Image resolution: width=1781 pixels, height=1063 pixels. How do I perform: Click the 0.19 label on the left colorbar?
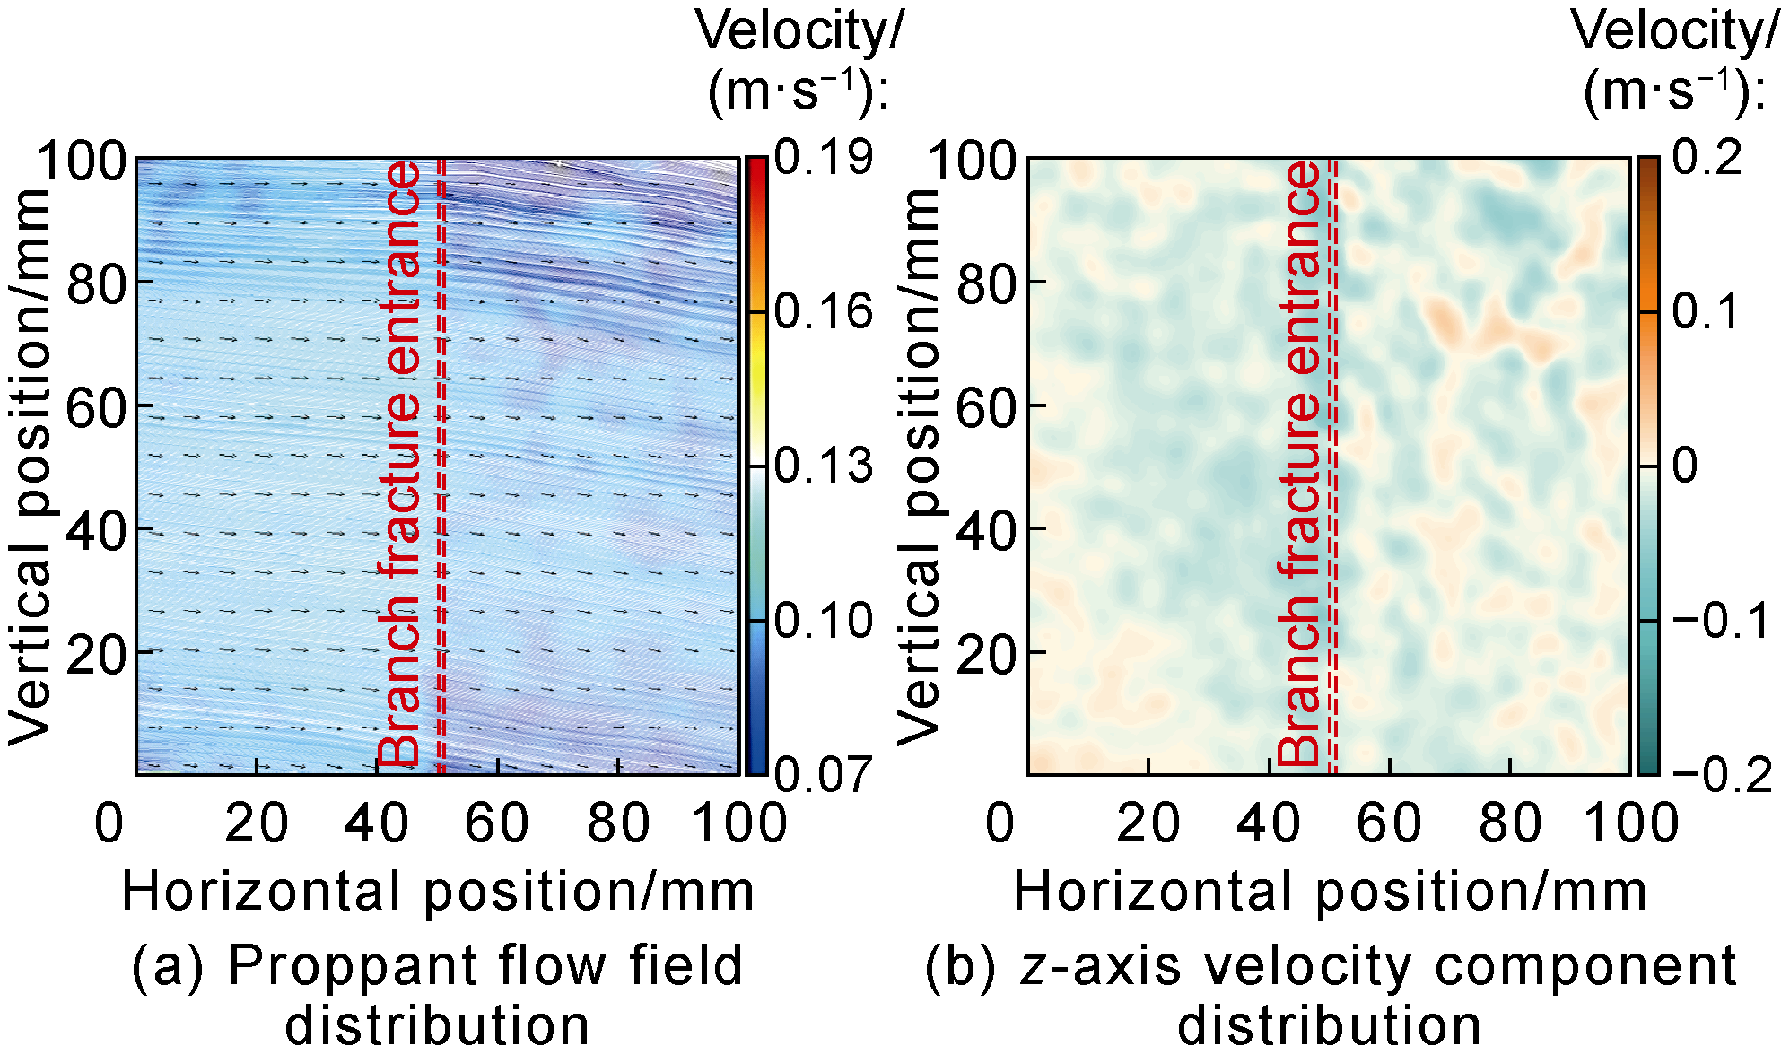pyautogui.click(x=823, y=158)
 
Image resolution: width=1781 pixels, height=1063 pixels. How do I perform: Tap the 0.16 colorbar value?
pyautogui.click(x=823, y=312)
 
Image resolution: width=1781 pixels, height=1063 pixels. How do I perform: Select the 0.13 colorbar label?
pyautogui.click(x=823, y=466)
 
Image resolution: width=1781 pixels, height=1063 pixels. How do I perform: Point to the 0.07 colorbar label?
pyautogui.click(x=823, y=773)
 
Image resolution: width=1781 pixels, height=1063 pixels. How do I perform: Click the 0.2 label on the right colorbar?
pyautogui.click(x=1707, y=158)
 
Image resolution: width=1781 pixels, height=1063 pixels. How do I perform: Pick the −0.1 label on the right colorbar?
pyautogui.click(x=1721, y=621)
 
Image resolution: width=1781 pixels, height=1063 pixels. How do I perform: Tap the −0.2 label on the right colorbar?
pyautogui.click(x=1721, y=773)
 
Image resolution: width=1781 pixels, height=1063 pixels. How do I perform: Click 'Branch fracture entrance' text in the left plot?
pyautogui.click(x=400, y=465)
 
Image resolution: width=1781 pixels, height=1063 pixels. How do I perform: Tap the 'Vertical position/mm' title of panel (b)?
pyautogui.click(x=916, y=466)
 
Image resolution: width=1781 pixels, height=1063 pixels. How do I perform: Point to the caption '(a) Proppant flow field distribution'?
pyautogui.click(x=438, y=995)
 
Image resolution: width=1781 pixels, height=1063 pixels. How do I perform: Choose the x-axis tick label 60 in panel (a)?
pyautogui.click(x=497, y=823)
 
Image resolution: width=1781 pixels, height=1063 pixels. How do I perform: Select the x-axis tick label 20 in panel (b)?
pyautogui.click(x=1148, y=823)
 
